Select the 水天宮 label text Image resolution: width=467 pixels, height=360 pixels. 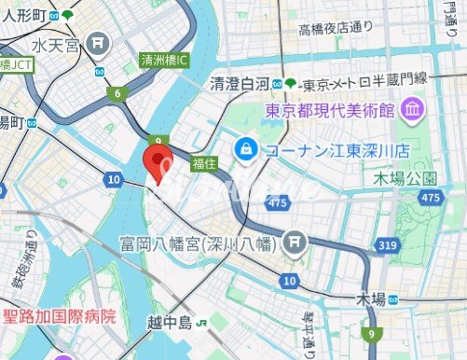point(57,45)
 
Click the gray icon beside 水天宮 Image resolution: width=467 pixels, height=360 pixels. point(99,43)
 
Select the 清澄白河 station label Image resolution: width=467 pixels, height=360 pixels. point(240,83)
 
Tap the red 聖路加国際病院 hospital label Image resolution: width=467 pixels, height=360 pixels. point(61,316)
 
